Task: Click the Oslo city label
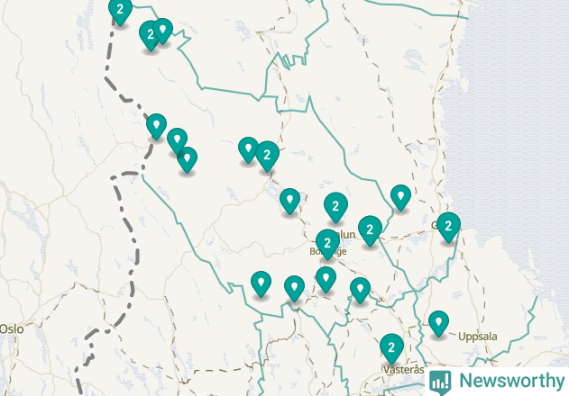[x=11, y=329]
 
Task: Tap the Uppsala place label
[x=477, y=337]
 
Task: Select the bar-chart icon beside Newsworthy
[x=440, y=381]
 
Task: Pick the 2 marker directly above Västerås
[x=390, y=346]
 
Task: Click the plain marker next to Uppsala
[x=438, y=322]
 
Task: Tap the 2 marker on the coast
[x=448, y=226]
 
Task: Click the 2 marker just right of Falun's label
[x=369, y=229]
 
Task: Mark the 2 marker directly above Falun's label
[x=335, y=206]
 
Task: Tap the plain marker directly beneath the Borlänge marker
[x=326, y=279]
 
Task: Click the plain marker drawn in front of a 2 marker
[x=162, y=31]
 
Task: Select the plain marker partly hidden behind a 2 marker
[x=247, y=148]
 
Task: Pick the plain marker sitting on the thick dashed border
[x=156, y=125]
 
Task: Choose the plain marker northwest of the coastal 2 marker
[x=400, y=196]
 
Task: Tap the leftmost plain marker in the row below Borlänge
[x=261, y=283]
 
